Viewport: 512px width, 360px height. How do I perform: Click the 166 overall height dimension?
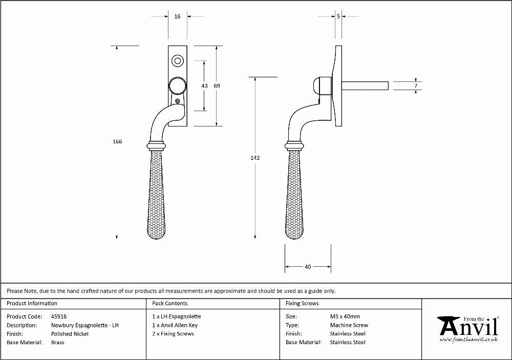tap(117, 141)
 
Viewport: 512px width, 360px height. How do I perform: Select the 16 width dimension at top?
tap(177, 16)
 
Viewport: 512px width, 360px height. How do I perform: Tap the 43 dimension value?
tap(204, 86)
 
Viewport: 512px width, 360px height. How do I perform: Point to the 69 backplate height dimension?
tap(217, 86)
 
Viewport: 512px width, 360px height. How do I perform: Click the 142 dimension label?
tap(255, 158)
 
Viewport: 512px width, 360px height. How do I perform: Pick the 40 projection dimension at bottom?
tap(308, 267)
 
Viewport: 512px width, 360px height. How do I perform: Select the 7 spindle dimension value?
tap(416, 86)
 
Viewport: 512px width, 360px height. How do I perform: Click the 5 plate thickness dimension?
tap(338, 16)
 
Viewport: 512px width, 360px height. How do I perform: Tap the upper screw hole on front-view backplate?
tap(178, 61)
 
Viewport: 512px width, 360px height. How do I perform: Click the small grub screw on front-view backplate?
tap(178, 101)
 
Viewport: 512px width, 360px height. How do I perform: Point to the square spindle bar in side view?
tap(365, 86)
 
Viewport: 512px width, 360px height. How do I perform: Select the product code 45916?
tap(59, 316)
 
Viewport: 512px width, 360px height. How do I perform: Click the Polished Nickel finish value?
tap(70, 334)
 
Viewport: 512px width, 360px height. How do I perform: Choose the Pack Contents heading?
tap(170, 304)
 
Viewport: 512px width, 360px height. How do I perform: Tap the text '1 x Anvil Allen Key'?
tap(175, 325)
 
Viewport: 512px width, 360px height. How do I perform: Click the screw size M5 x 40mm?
tap(345, 316)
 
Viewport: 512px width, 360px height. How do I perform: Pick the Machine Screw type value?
tap(349, 325)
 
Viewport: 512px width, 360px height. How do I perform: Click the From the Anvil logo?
tap(468, 329)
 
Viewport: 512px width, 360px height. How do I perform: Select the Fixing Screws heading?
tap(302, 304)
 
